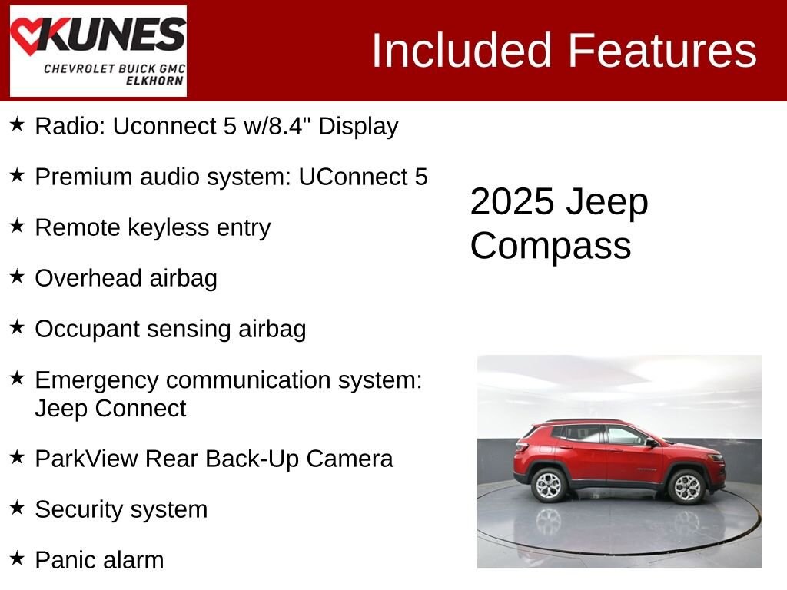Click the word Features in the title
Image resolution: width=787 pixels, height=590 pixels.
tap(662, 51)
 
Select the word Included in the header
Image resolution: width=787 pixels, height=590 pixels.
tap(462, 51)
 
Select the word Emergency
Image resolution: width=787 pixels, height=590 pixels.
tap(96, 380)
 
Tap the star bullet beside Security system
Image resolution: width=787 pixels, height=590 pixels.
tap(18, 507)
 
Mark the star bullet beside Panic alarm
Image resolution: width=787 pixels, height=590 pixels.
tap(18, 558)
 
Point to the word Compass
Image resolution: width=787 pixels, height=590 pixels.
tap(550, 246)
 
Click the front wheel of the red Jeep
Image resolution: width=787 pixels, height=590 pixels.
tap(686, 486)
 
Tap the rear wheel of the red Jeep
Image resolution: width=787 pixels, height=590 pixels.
tap(550, 484)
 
